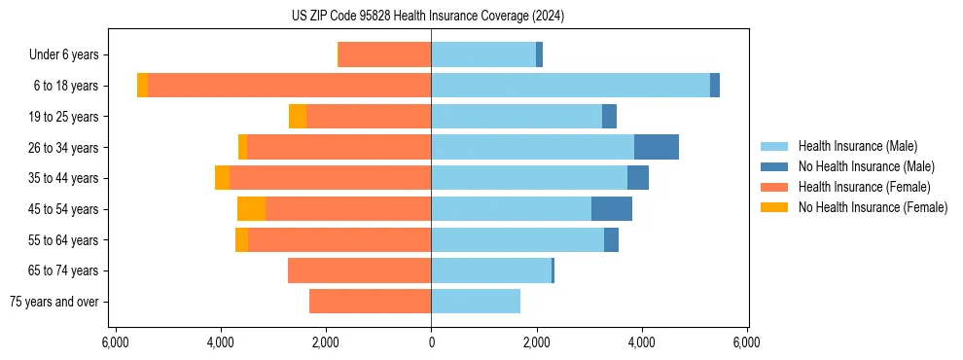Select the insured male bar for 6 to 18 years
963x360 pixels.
click(570, 86)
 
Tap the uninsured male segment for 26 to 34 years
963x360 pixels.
click(657, 147)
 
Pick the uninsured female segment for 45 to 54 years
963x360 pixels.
click(251, 209)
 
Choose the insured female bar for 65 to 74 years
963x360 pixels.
click(359, 270)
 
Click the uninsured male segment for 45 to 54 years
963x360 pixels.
click(612, 209)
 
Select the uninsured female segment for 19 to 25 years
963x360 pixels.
click(298, 117)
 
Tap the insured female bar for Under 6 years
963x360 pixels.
click(385, 54)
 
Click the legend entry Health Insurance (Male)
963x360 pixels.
click(857, 146)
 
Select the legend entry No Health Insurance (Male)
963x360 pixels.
click(866, 166)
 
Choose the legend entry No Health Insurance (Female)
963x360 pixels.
click(873, 207)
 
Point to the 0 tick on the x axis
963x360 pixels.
click(431, 342)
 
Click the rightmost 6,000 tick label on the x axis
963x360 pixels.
click(747, 342)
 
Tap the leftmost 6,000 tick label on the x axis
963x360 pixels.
click(116, 342)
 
